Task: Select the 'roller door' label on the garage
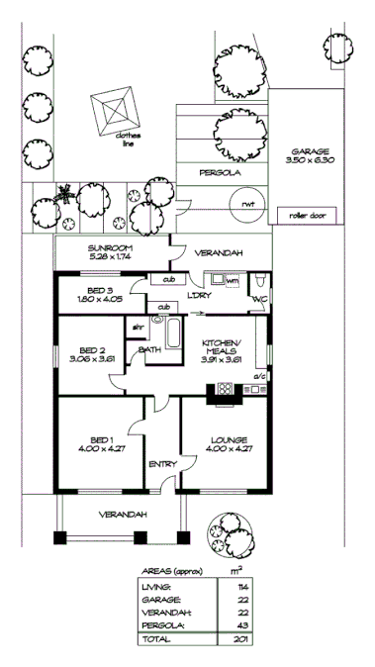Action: point(308,215)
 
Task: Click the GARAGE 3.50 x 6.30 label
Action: point(310,155)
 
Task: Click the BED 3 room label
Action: point(97,294)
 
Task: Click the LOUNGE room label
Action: point(228,443)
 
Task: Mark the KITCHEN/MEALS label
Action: point(222,349)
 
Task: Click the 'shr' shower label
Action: point(138,327)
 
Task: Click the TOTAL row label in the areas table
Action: point(152,640)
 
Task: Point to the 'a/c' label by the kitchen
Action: point(262,377)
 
